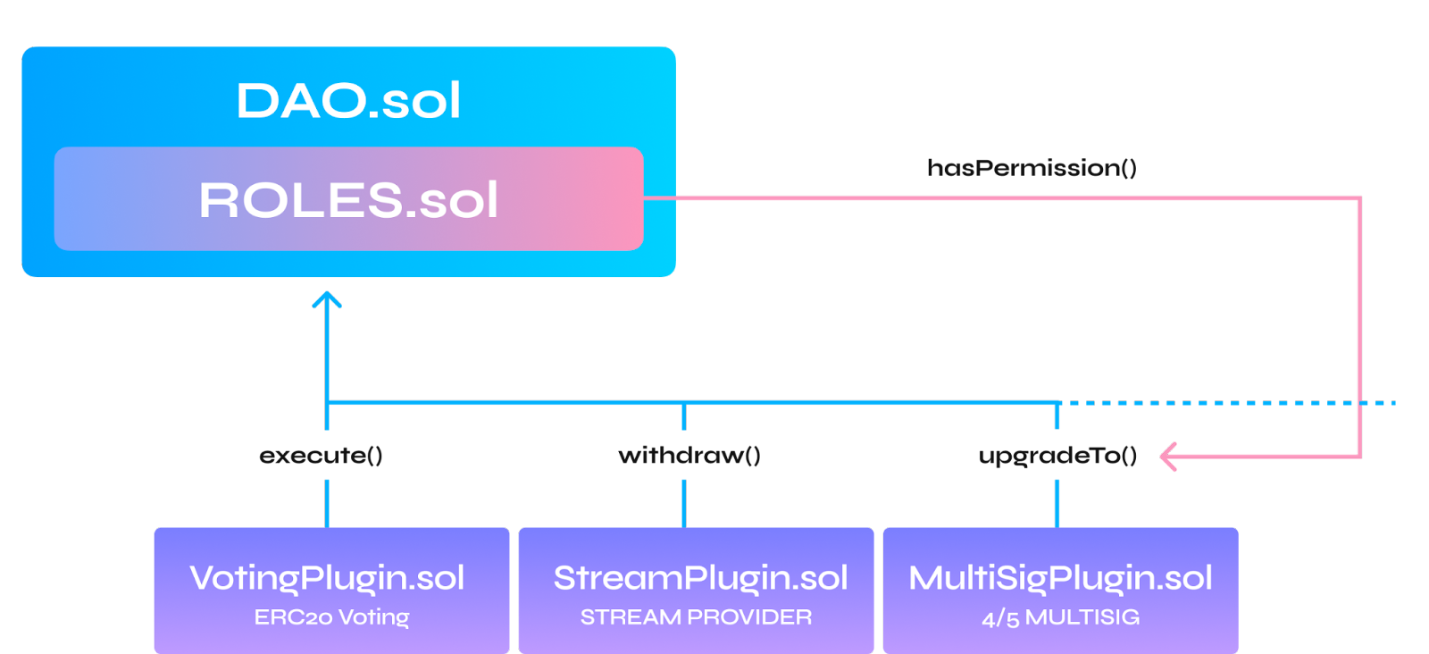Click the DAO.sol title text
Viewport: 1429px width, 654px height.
click(348, 100)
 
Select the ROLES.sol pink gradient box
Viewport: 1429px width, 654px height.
click(348, 199)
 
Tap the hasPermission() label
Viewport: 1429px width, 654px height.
click(1031, 168)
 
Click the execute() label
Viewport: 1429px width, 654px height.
click(322, 456)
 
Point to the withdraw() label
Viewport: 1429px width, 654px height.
click(689, 456)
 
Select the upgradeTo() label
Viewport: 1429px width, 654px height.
click(1057, 456)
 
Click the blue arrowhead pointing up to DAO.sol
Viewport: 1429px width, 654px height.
click(327, 298)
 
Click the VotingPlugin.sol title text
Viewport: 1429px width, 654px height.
click(327, 578)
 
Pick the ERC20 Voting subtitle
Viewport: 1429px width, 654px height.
click(331, 617)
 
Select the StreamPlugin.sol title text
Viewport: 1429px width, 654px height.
click(700, 578)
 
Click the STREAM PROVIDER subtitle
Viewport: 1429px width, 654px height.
click(696, 617)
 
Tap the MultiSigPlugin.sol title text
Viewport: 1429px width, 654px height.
click(1060, 578)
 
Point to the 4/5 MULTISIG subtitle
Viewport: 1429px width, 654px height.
click(1060, 617)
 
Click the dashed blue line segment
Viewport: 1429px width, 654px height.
click(1250, 403)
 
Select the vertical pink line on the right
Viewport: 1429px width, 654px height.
click(1359, 322)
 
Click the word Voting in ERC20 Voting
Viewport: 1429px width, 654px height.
click(373, 617)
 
